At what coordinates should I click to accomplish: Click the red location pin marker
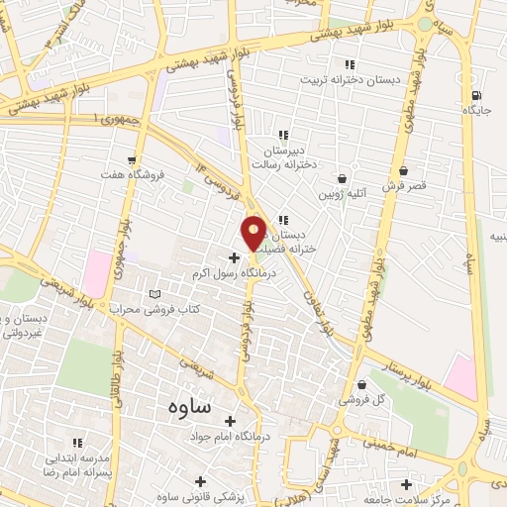click(253, 233)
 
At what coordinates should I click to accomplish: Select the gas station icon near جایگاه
click(479, 96)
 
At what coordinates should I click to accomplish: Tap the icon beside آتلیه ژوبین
click(343, 179)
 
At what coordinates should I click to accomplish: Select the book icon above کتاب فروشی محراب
click(152, 294)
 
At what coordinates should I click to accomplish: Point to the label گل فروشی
click(356, 400)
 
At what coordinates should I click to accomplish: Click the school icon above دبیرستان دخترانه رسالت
click(282, 135)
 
